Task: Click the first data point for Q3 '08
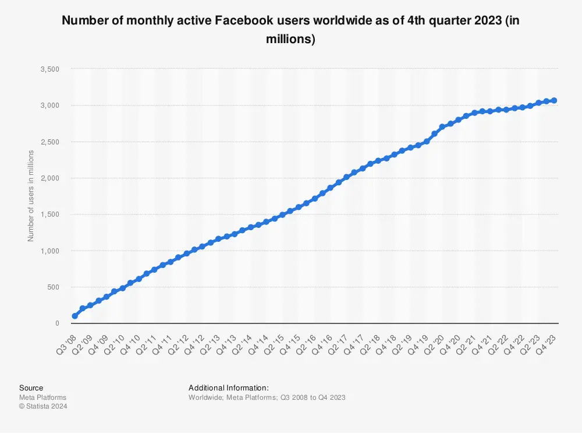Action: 74,316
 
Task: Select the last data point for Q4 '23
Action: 554,101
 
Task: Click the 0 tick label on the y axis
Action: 57,323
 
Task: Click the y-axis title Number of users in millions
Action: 31,196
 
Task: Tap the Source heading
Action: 31,388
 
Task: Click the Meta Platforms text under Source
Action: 42,397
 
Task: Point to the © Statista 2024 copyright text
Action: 43,406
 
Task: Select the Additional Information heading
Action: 228,388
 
